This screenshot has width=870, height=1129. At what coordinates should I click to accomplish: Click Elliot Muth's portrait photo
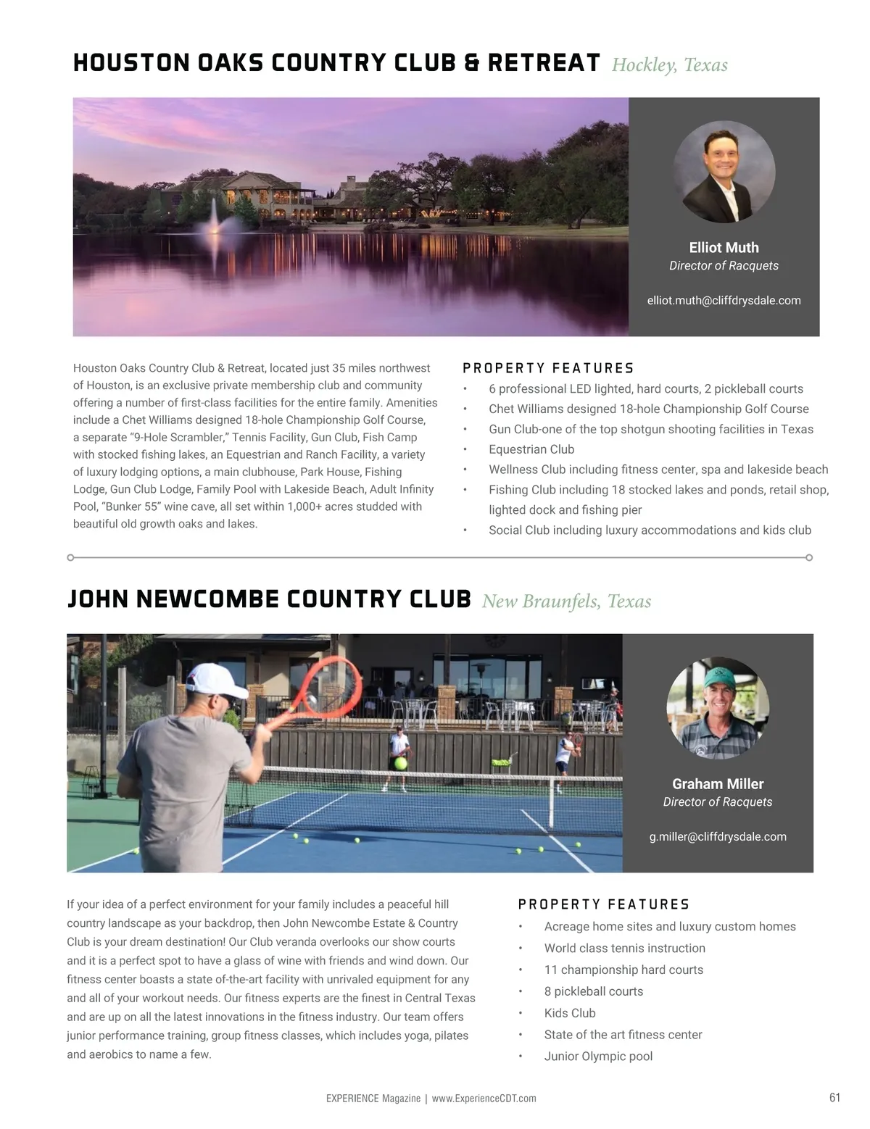coord(724,172)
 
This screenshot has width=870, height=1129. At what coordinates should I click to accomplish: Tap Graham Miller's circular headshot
coord(718,708)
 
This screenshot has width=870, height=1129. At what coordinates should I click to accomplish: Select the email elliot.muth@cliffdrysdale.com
coord(724,300)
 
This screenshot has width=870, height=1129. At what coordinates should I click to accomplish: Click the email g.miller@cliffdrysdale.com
coord(718,836)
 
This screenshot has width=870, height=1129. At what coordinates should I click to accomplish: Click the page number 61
coord(834,1097)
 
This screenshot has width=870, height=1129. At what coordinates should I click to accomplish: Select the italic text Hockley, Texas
coord(669,65)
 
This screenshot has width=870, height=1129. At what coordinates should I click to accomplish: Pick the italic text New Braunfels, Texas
coord(566,601)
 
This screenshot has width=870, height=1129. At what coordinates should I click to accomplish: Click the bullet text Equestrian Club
coord(531,449)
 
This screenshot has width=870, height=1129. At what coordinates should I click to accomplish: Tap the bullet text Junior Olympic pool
coord(598,1056)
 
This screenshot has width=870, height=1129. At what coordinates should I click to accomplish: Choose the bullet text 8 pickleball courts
coord(594,991)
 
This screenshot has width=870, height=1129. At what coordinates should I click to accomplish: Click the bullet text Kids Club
coord(570,1012)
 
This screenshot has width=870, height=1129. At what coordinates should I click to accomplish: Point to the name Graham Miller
coord(718,783)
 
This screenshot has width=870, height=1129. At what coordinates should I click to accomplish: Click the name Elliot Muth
coord(724,247)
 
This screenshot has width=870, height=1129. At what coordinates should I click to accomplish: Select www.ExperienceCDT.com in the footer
coord(484,1099)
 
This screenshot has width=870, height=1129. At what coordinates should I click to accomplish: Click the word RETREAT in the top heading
coord(544,63)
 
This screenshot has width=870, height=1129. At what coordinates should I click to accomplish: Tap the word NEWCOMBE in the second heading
coord(207,599)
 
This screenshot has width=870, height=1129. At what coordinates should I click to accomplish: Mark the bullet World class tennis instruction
coord(624,948)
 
